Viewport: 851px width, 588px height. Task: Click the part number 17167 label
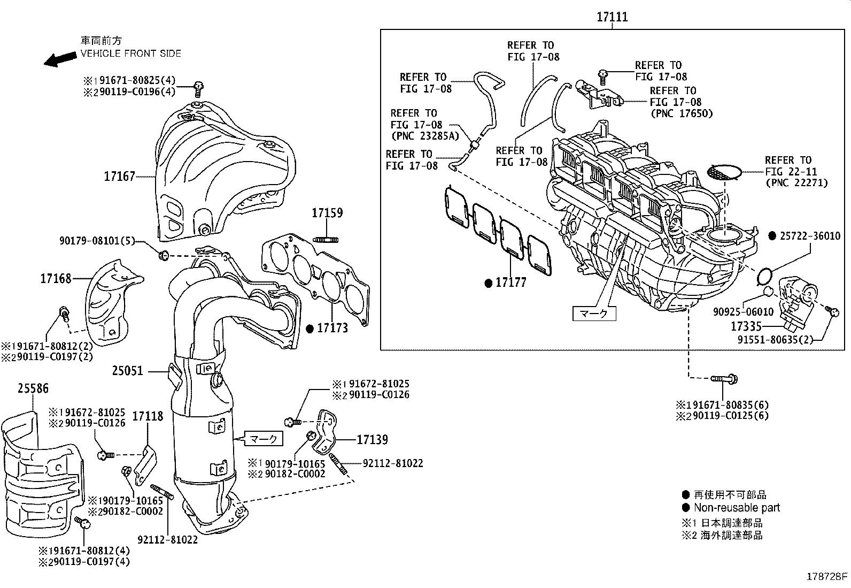(119, 177)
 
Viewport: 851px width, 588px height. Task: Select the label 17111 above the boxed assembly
(612, 17)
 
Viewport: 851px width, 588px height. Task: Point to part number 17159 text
(327, 213)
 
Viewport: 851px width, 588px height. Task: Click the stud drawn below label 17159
(327, 239)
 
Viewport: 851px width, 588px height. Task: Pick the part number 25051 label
(128, 370)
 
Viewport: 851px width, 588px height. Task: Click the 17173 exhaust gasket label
(332, 328)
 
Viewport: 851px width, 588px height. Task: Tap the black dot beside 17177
(488, 283)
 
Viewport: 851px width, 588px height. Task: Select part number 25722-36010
(810, 236)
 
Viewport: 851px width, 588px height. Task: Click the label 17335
(746, 326)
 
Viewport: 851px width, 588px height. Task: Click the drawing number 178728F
(827, 577)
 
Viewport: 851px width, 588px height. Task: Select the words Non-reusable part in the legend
(737, 508)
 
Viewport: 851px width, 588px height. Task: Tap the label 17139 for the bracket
(372, 440)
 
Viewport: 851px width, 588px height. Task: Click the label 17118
(148, 416)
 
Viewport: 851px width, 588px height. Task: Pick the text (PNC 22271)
(796, 183)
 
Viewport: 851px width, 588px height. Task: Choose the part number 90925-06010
(743, 312)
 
